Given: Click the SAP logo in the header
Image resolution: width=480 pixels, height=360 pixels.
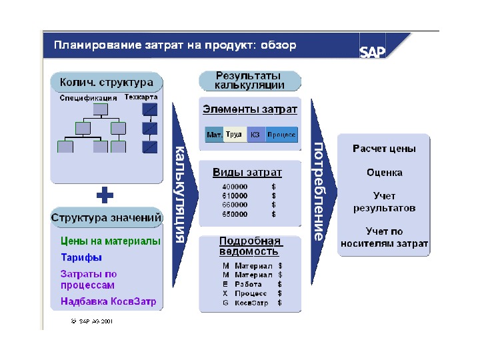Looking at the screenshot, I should [373, 52].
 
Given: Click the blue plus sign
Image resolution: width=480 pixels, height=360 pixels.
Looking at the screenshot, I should [105, 195].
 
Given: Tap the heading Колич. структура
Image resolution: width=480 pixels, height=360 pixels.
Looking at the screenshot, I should [107, 83].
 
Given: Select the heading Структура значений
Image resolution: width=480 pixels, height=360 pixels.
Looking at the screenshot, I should [107, 217].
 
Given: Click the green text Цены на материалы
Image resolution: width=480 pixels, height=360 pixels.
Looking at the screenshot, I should [111, 241].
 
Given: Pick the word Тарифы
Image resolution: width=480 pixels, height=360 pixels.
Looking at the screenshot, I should [81, 257].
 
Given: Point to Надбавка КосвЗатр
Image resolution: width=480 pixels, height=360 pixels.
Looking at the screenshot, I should [109, 301].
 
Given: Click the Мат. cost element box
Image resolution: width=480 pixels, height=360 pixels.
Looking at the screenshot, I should [214, 135].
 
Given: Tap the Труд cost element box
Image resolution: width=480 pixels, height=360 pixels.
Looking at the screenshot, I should [234, 135].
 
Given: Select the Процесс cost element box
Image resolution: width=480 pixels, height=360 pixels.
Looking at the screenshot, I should [281, 135].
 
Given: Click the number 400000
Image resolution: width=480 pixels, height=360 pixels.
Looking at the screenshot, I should [235, 187].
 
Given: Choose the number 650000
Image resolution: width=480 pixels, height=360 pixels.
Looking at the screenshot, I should [235, 215].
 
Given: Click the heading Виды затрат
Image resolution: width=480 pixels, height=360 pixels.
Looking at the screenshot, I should [247, 172].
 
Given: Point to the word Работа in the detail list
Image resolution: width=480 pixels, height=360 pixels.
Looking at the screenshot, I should [248, 284].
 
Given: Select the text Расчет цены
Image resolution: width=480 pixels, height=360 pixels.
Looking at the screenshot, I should [384, 149].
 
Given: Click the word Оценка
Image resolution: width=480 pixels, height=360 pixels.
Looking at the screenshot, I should [385, 173].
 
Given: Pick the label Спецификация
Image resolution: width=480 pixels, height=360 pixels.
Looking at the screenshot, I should [87, 97].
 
